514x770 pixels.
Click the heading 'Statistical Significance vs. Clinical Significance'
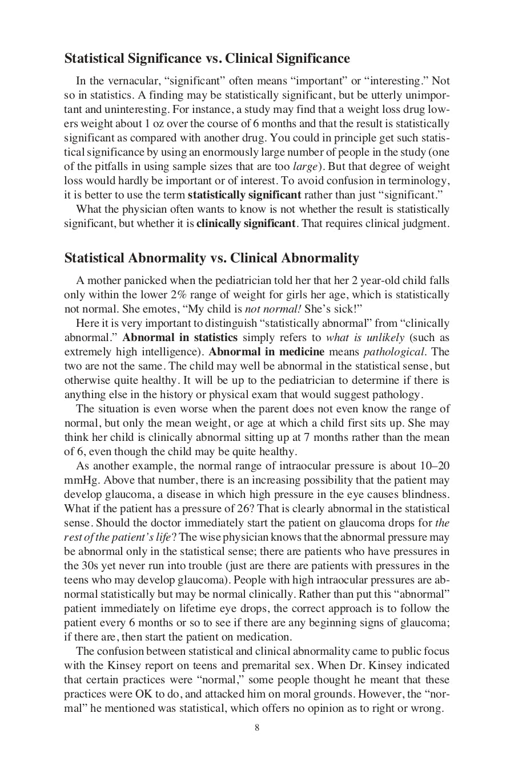(207, 59)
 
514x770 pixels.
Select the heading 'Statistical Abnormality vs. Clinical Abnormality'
(211, 258)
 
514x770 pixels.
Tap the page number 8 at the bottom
(257, 727)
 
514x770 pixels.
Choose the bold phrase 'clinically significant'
(246, 224)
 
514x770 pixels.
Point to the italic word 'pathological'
(394, 352)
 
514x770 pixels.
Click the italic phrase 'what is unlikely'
(365, 338)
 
